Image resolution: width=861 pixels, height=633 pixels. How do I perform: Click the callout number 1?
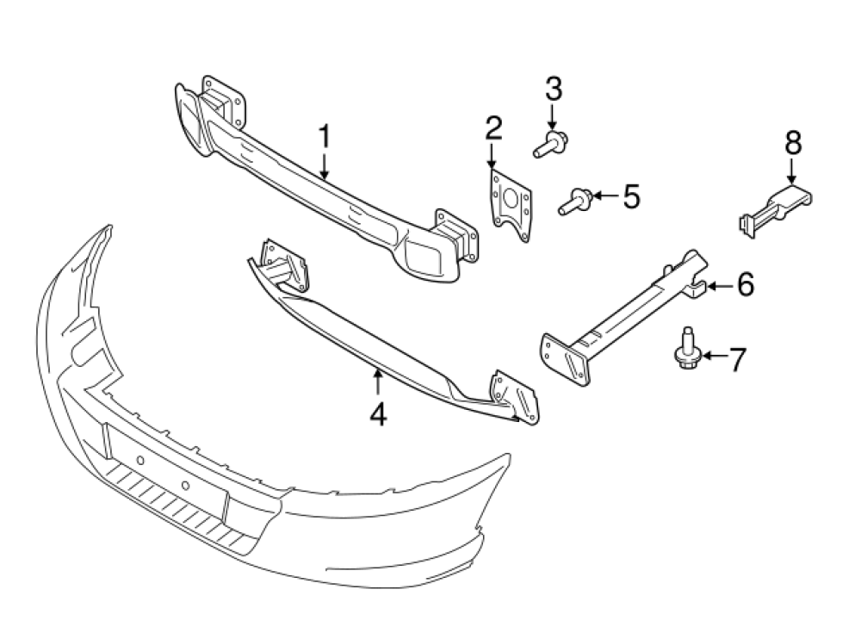point(325,137)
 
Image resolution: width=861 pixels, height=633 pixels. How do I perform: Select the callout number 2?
point(492,129)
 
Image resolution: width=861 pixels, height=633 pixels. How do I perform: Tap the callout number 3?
point(553,88)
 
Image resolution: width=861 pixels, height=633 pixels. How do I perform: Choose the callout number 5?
point(631,197)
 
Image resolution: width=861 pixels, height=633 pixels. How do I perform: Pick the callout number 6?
point(745,283)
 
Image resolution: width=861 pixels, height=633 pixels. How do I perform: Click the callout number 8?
point(792,142)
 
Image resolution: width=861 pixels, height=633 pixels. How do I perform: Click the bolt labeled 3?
point(548,144)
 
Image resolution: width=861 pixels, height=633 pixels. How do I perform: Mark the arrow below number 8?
point(792,170)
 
